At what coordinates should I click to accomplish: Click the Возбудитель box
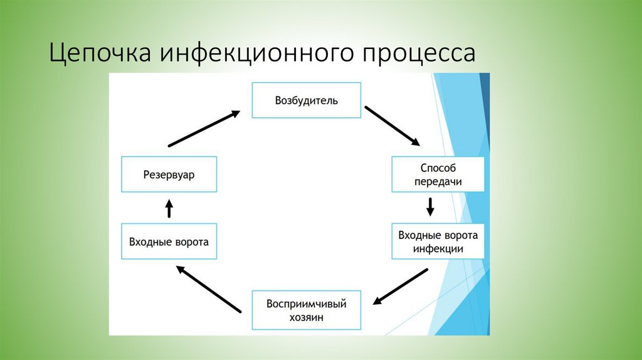click(x=306, y=100)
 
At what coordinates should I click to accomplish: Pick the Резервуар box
click(x=169, y=174)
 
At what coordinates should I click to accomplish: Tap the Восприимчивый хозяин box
click(x=306, y=310)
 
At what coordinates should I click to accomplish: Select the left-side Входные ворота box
click(x=169, y=241)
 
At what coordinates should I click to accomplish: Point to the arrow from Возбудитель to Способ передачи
click(x=392, y=125)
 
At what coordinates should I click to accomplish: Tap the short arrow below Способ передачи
click(x=430, y=207)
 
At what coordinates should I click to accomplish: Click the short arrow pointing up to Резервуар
click(x=169, y=208)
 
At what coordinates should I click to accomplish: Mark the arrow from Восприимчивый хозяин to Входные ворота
click(x=208, y=289)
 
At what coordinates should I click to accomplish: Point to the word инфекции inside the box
click(x=438, y=248)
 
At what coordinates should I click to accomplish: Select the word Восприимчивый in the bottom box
click(x=306, y=304)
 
